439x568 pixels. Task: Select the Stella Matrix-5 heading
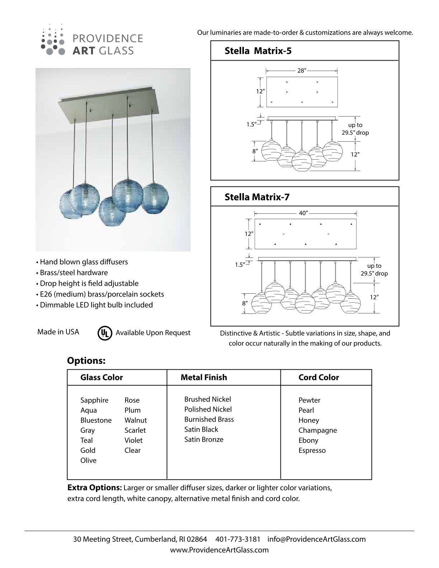pyautogui.click(x=258, y=51)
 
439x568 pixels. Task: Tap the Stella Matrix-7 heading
pyautogui.click(x=257, y=197)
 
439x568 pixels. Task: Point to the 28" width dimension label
pyautogui.click(x=302, y=71)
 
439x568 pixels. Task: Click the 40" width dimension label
pyautogui.click(x=303, y=213)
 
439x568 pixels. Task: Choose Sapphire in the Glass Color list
pyautogui.click(x=94, y=400)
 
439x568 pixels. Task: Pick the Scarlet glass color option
pyautogui.click(x=135, y=430)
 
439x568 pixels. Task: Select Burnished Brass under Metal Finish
pyautogui.click(x=209, y=419)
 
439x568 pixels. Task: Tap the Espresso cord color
pyautogui.click(x=312, y=450)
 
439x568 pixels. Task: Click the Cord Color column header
pyautogui.click(x=318, y=377)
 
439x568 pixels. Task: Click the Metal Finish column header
pyautogui.click(x=204, y=377)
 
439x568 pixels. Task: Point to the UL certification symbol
pyautogui.click(x=104, y=333)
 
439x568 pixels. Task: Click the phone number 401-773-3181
pyautogui.click(x=238, y=539)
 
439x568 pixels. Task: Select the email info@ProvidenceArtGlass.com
pyautogui.click(x=316, y=539)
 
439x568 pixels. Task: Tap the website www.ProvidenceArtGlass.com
pyautogui.click(x=219, y=550)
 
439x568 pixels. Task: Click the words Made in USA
pyautogui.click(x=58, y=332)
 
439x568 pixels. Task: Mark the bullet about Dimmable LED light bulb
pyautogui.click(x=96, y=305)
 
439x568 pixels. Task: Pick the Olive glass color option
pyautogui.click(x=88, y=460)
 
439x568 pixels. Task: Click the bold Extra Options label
pyautogui.click(x=95, y=488)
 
